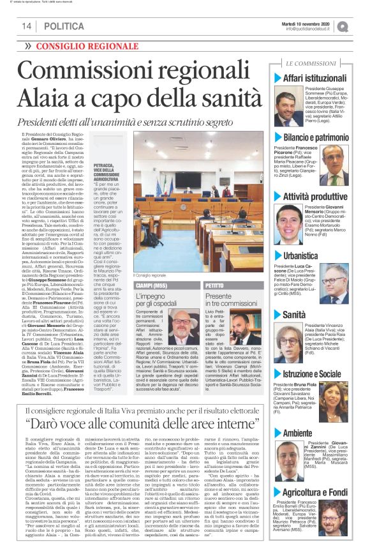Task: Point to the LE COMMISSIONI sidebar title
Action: click(311, 64)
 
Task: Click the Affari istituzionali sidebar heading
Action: click(319, 78)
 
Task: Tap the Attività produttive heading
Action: click(319, 196)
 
